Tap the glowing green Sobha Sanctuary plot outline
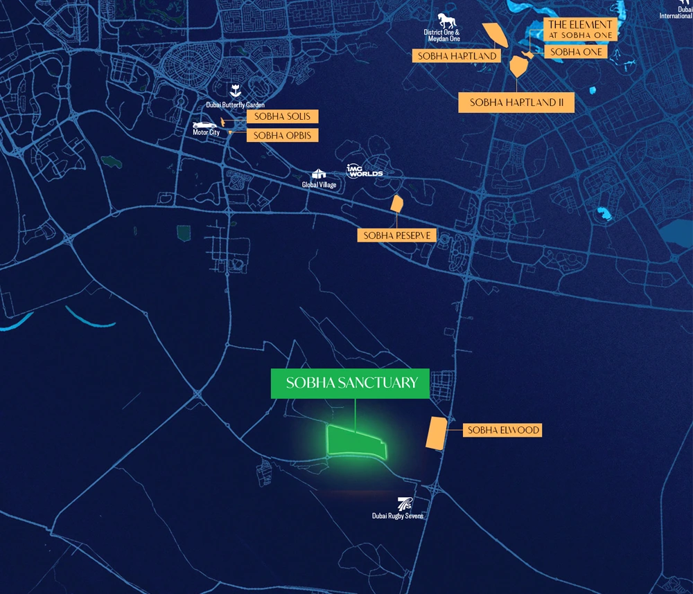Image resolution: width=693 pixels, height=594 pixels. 355,444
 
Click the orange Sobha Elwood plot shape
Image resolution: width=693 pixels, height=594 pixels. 436,434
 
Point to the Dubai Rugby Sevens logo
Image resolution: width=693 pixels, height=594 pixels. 404,503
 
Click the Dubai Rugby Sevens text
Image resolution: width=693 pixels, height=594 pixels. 398,516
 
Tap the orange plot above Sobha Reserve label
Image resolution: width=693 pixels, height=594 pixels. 397,204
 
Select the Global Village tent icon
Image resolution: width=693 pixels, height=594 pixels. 319,174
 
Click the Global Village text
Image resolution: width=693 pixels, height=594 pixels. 319,185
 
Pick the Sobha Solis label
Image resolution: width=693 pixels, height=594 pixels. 282,116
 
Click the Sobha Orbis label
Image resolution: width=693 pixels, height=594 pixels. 282,136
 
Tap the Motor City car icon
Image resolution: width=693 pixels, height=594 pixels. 205,125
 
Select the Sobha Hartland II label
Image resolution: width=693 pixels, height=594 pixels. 516,102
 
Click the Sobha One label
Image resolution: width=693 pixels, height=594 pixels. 576,53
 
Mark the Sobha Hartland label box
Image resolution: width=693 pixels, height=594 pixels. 457,56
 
